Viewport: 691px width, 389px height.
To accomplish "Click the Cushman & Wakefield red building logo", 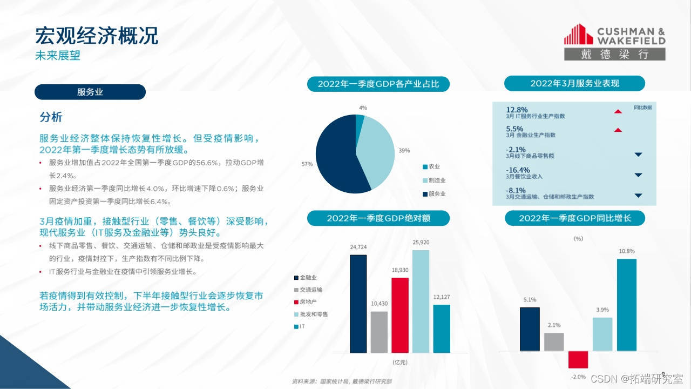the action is [x=578, y=34].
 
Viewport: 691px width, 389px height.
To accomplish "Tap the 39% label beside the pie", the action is [x=404, y=151].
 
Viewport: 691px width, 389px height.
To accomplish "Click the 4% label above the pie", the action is [x=363, y=108].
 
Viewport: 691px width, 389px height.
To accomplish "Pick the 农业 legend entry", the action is [x=431, y=167].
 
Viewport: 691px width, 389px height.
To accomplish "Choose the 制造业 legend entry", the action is [x=434, y=180].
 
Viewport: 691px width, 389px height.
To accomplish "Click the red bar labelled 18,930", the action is [x=400, y=315].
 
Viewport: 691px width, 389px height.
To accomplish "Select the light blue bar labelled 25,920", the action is [x=421, y=301].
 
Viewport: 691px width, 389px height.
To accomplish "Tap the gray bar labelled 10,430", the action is [x=379, y=332].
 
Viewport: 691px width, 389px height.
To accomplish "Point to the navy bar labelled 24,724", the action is [x=358, y=304].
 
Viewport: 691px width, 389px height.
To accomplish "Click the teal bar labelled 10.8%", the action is [x=627, y=305].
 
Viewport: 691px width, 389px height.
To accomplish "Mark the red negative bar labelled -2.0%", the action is [x=578, y=360].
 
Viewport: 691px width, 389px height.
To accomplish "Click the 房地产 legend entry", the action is [x=306, y=302].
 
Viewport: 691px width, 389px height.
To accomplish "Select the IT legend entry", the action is [x=300, y=326].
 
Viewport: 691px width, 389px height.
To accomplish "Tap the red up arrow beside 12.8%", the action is [x=618, y=111].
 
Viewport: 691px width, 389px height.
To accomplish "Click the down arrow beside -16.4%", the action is [x=638, y=175].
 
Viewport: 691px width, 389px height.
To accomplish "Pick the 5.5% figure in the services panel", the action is [x=514, y=129].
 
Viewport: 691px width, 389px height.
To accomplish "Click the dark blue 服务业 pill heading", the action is [x=90, y=92].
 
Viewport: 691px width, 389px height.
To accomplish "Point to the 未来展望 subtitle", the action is [x=58, y=56].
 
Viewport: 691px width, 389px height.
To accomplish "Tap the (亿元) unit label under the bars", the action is [x=400, y=362].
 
